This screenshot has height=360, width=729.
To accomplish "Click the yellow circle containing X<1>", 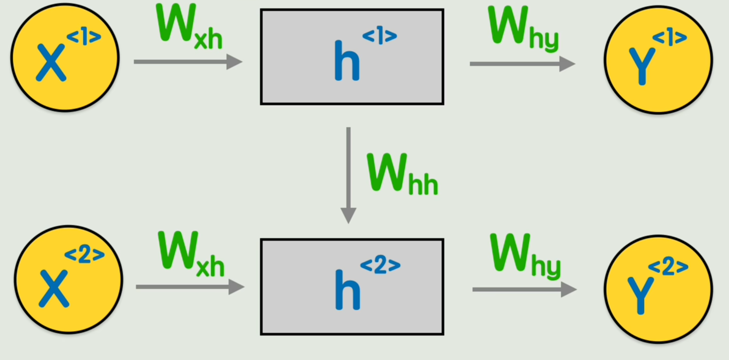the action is tap(65, 58).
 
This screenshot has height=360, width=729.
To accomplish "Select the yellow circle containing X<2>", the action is tap(68, 280).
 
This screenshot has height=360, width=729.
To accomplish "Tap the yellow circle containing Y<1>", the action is tap(658, 60).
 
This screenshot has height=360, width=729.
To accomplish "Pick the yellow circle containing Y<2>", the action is tap(658, 290).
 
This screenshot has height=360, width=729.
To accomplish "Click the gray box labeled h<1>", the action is tap(352, 57).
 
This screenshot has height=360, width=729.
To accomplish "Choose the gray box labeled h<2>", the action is tap(352, 287).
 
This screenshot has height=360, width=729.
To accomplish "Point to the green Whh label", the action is tap(402, 174).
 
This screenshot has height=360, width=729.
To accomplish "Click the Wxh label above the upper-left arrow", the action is tap(189, 27).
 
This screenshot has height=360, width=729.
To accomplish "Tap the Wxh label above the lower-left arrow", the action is tap(191, 254).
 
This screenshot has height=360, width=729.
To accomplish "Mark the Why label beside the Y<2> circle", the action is tap(526, 257).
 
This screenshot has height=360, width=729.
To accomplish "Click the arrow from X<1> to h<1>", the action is tap(188, 62).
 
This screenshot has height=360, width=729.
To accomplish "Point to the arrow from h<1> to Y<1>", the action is tap(523, 64).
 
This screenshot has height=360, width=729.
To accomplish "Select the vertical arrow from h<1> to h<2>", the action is tap(348, 175).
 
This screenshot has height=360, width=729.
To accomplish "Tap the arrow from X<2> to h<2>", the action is tap(190, 287).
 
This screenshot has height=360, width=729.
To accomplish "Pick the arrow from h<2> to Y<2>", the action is tap(524, 290).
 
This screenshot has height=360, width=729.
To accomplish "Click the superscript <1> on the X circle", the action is tap(84, 38).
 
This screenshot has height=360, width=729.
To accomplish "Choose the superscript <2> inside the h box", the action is tap(380, 266).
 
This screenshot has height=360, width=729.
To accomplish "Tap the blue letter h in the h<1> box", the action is tap(347, 60).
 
